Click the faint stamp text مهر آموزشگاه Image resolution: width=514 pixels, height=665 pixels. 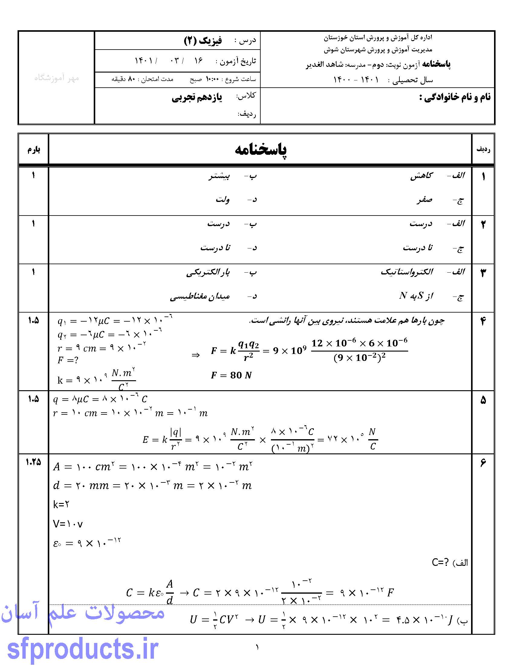coord(56,78)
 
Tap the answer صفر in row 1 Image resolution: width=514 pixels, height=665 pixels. coord(425,200)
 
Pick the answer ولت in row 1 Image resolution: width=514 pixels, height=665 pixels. coord(223,200)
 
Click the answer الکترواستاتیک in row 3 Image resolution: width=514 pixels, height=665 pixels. coord(406,272)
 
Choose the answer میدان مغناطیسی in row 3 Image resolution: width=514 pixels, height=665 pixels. coord(200,296)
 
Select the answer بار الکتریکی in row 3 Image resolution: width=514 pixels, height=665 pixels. coord(208,272)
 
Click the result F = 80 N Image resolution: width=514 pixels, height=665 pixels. coord(231,375)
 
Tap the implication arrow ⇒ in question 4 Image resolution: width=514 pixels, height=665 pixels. coord(195,355)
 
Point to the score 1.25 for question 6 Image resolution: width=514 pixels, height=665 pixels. coord(33,462)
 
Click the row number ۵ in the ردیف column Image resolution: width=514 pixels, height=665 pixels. coord(483,401)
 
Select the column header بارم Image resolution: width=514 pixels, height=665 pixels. coord(34,150)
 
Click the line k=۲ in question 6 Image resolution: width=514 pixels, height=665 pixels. coord(61,504)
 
